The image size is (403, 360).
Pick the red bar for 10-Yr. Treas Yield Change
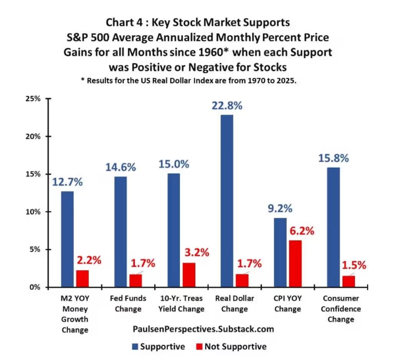[189, 275]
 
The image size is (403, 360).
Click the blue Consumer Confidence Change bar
[333, 227]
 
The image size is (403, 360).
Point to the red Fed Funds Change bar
[135, 280]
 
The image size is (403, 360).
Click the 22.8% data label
[227, 105]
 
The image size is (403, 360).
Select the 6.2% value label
[299, 231]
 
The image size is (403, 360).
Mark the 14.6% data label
[121, 168]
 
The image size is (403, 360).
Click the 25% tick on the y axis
[33, 99]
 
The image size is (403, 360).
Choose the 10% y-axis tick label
[33, 212]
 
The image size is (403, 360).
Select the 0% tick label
[35, 287]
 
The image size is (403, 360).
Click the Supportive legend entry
[158, 347]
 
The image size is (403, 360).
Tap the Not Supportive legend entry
[230, 347]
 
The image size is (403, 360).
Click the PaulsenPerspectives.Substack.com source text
[203, 329]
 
